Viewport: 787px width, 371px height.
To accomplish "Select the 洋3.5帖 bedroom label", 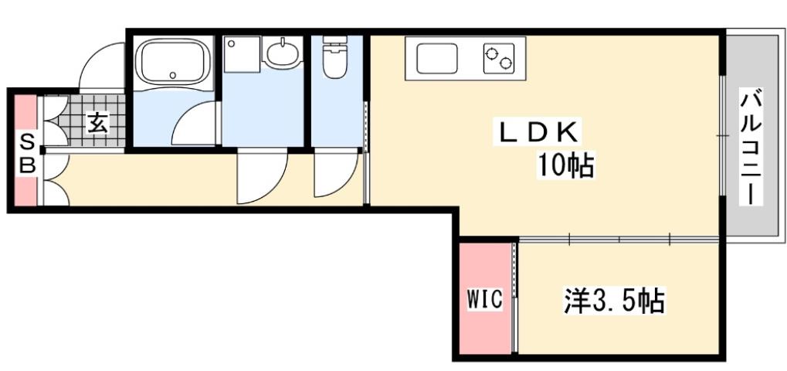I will (x=612, y=300).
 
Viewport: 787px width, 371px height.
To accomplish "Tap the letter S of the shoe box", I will (x=26, y=141).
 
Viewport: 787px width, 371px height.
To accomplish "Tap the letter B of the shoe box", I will (x=26, y=165).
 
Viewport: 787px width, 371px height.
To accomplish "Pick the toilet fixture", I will (x=335, y=59).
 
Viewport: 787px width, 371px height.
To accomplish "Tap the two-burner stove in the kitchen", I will (x=500, y=58).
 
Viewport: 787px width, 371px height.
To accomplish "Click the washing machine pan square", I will (x=242, y=55).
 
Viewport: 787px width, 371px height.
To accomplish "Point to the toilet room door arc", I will (x=335, y=176).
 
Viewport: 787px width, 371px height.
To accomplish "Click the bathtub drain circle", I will (x=172, y=76).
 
